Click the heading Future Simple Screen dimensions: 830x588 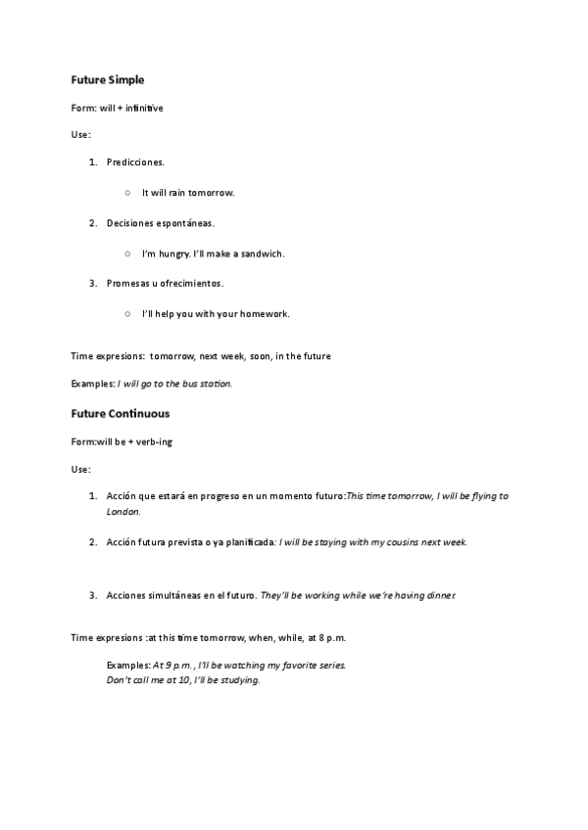click(x=108, y=78)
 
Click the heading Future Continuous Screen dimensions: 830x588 click(x=120, y=413)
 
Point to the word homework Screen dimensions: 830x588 click(x=265, y=314)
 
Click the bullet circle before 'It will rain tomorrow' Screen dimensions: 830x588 click(x=128, y=193)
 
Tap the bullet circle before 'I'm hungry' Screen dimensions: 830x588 click(x=128, y=254)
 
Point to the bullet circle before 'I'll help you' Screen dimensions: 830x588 click(x=128, y=314)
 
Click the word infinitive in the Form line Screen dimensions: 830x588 click(x=143, y=108)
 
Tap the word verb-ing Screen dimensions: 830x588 click(x=152, y=442)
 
